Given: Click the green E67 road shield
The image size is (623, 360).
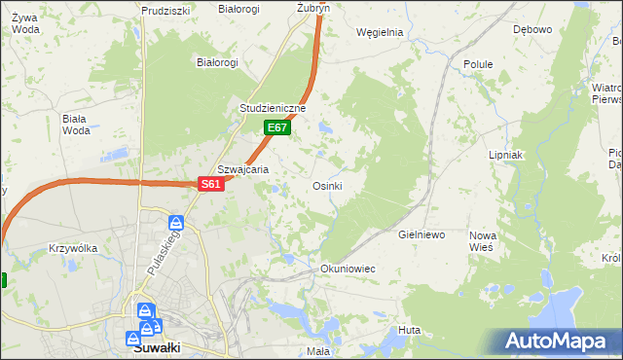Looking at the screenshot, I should pyautogui.click(x=277, y=127).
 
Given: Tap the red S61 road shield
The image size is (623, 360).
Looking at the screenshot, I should pyautogui.click(x=212, y=183).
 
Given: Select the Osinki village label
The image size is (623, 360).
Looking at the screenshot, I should pyautogui.click(x=326, y=185).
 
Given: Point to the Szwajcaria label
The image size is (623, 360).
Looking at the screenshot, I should pyautogui.click(x=242, y=168).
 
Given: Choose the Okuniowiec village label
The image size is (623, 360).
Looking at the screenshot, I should pyautogui.click(x=348, y=268).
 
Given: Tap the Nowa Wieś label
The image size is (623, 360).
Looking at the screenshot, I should pyautogui.click(x=483, y=241).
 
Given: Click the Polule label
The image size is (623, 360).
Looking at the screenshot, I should pyautogui.click(x=479, y=64).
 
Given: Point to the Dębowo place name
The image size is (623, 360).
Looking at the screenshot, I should pyautogui.click(x=532, y=29).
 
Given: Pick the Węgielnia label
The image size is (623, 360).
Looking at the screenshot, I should pyautogui.click(x=380, y=32).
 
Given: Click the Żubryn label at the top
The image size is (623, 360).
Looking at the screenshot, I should pyautogui.click(x=313, y=7).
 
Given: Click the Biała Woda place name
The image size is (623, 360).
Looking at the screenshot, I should pyautogui.click(x=75, y=125).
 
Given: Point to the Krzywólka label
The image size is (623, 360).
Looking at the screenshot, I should pyautogui.click(x=73, y=248).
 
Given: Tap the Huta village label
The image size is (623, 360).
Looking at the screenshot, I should pyautogui.click(x=409, y=331).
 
